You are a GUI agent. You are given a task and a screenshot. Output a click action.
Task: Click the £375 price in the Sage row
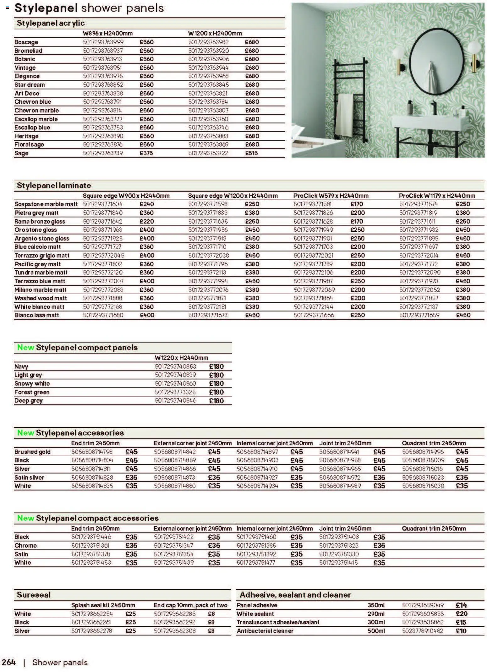click(x=146, y=153)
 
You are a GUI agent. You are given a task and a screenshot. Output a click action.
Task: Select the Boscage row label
click(x=26, y=42)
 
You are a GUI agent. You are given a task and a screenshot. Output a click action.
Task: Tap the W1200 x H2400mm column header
click(x=215, y=33)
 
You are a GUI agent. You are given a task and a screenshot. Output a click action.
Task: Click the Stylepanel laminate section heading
click(x=54, y=186)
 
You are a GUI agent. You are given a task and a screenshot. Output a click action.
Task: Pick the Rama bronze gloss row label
click(x=40, y=221)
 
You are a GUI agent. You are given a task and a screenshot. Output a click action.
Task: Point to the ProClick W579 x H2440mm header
click(x=331, y=196)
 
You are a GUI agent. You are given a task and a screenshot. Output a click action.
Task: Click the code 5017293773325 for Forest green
click(x=175, y=392)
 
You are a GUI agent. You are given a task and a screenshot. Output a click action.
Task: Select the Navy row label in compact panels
click(x=21, y=366)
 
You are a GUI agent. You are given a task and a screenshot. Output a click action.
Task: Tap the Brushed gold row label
click(x=32, y=452)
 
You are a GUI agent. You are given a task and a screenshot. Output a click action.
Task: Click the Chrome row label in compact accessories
click(x=25, y=545)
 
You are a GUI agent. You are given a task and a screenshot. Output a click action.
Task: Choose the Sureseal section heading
click(x=34, y=595)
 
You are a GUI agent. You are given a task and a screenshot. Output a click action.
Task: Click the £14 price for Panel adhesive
click(x=461, y=605)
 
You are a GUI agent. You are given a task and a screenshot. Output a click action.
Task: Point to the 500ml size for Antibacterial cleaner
click(x=376, y=631)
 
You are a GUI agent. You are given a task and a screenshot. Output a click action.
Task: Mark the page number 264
click(x=9, y=662)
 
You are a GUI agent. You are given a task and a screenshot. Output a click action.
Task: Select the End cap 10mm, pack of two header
click(x=190, y=605)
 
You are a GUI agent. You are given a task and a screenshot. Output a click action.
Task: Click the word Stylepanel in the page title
click(x=46, y=8)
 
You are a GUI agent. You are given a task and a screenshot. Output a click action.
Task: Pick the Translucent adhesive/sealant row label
click(x=278, y=622)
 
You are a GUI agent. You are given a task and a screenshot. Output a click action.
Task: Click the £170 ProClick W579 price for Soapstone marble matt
click(x=357, y=204)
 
